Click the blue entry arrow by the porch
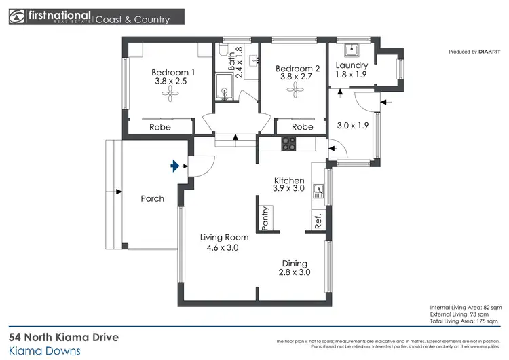point(176,165)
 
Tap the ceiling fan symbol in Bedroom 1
point(168,97)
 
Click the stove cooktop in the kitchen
point(288,143)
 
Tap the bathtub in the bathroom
point(224,87)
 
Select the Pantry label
point(265,217)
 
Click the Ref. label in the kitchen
point(318,220)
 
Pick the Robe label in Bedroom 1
point(160,127)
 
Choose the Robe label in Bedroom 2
point(302,127)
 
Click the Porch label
point(152,199)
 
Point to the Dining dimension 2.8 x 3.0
point(295,273)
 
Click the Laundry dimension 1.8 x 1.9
point(352,75)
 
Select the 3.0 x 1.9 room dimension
point(352,126)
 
